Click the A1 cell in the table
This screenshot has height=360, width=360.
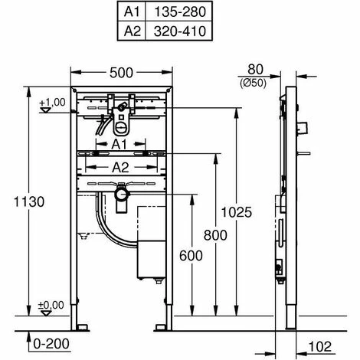(x=132, y=11)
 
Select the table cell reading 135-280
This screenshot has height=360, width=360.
(x=179, y=11)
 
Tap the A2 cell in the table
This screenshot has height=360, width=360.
(x=132, y=31)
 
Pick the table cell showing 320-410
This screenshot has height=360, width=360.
(x=179, y=31)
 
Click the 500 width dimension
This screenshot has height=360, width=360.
(x=121, y=73)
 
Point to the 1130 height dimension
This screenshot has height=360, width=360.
(x=29, y=201)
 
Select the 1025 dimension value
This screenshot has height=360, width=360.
(x=236, y=212)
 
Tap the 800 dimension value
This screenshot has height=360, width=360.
(x=215, y=235)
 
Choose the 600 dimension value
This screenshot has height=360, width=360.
(x=191, y=256)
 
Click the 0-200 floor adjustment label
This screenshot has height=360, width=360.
(x=51, y=344)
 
